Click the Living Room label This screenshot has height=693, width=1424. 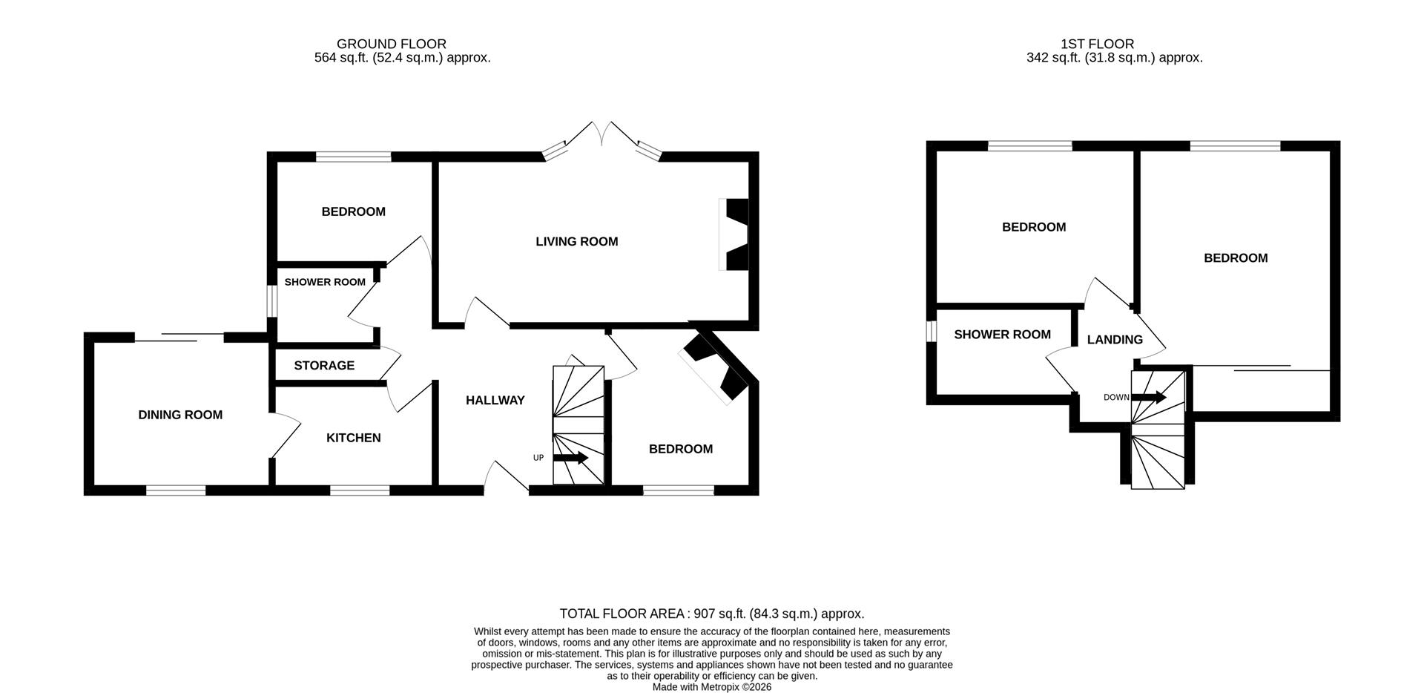click(x=576, y=241)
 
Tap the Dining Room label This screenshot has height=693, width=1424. click(x=180, y=415)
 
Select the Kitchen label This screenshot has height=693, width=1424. click(x=354, y=438)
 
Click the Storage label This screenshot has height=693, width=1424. click(x=324, y=365)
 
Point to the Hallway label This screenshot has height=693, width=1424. click(x=495, y=400)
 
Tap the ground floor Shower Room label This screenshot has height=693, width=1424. click(x=325, y=282)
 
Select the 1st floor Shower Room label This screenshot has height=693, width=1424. click(x=1002, y=335)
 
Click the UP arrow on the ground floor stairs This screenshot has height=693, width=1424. click(x=570, y=458)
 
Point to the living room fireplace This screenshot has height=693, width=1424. click(x=735, y=234)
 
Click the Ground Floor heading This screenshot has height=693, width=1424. click(x=392, y=44)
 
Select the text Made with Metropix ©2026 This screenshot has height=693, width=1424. click(x=712, y=687)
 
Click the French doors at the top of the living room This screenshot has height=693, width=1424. click(x=602, y=141)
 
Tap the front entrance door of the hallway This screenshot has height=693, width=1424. click(x=507, y=479)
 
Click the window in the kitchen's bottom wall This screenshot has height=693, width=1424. click(x=360, y=490)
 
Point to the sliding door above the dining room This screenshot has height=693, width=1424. click(x=179, y=338)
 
